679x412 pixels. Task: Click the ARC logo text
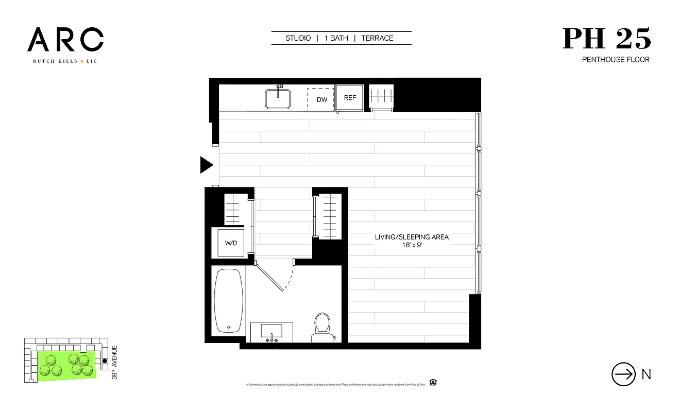pos(65,40)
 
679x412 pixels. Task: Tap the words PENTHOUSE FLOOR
pos(616,60)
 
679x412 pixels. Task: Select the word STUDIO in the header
pos(298,38)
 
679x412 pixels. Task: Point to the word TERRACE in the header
pos(377,38)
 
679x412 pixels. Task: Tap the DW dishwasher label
pos(322,99)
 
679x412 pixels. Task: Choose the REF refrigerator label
pos(350,98)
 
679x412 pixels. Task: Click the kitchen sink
pos(278,98)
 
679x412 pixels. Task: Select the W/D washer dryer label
pos(231,243)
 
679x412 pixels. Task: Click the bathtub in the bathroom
pos(228,301)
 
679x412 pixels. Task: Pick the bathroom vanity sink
pos(271,332)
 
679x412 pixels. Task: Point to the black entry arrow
pos(207,165)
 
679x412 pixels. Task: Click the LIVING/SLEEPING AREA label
pos(412,237)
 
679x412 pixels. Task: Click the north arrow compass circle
pos(623,374)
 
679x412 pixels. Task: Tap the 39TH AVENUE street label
pos(114,363)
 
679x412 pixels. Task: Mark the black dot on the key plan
pos(105,361)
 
